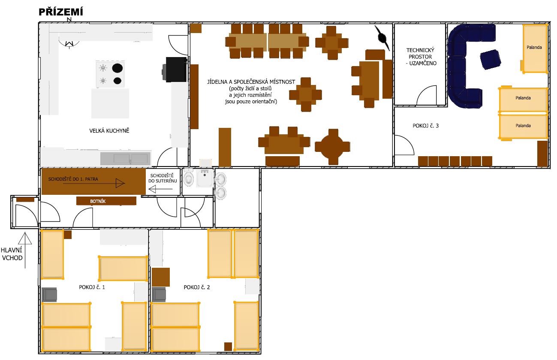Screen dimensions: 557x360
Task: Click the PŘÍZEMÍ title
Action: click(60, 12)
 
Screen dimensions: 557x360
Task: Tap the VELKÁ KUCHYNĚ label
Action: click(109, 130)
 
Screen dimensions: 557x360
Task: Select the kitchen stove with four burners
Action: click(110, 74)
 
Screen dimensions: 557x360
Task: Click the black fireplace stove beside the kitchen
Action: click(175, 70)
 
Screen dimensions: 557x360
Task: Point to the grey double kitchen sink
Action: click(126, 158)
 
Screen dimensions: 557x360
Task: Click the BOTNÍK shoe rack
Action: click(106, 201)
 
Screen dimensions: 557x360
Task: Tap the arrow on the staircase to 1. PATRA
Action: click(94, 184)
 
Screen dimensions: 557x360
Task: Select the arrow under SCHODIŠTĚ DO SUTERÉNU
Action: click(161, 189)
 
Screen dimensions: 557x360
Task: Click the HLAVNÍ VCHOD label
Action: click(12, 254)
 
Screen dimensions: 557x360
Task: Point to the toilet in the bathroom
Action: click(189, 177)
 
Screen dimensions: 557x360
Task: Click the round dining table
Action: click(332, 147)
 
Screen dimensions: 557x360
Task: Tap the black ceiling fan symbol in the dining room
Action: click(382, 38)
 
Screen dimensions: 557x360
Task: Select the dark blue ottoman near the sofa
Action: click(491, 60)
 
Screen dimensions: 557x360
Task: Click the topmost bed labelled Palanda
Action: click(535, 48)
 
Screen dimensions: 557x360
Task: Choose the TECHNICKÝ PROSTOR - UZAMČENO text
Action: click(421, 57)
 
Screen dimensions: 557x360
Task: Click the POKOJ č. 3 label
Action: click(425, 126)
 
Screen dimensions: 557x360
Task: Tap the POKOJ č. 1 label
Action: click(92, 287)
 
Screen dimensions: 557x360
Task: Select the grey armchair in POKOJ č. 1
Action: click(49, 295)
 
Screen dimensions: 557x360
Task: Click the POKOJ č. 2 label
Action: click(197, 287)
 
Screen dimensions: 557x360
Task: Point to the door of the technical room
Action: click(427, 95)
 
